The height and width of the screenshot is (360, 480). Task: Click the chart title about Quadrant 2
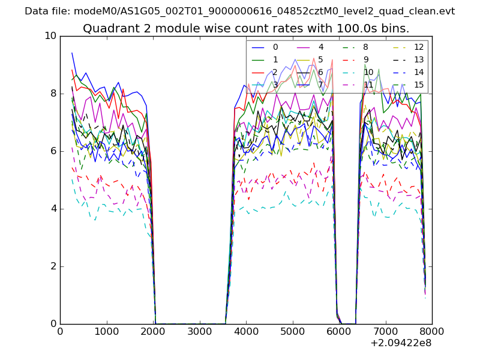[246, 28]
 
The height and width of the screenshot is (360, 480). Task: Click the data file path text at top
[239, 11]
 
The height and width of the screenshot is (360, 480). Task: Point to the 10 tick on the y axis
[50, 36]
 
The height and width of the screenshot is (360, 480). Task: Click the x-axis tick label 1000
[106, 331]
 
